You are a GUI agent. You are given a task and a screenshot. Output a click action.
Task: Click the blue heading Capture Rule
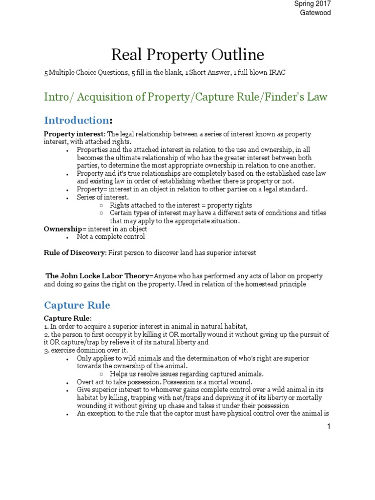(x=77, y=305)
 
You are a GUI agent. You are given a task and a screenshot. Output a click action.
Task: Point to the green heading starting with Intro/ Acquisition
(x=186, y=97)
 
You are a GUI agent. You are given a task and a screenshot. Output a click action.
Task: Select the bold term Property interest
(x=74, y=134)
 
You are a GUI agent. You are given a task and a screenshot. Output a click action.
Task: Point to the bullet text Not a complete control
(x=111, y=236)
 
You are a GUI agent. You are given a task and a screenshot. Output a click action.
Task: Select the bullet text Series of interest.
(x=103, y=197)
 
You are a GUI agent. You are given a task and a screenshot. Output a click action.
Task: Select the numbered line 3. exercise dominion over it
(x=86, y=350)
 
